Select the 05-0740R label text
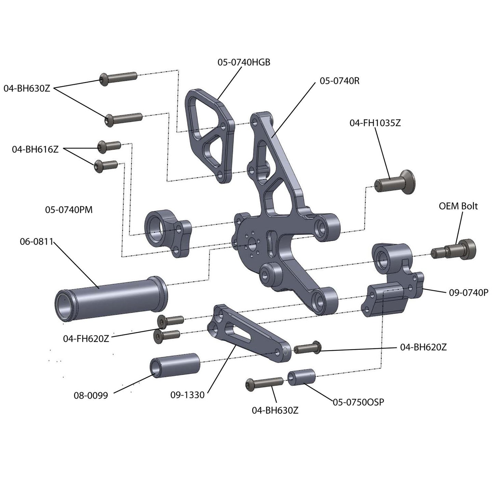(339, 81)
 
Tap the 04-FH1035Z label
(375, 123)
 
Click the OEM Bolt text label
(458, 206)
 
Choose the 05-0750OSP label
(358, 402)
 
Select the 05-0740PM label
(69, 210)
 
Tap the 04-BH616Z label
(35, 149)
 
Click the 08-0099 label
(91, 396)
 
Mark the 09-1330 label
(187, 395)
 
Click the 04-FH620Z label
(86, 339)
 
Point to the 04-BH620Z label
(423, 347)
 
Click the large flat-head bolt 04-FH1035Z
(397, 183)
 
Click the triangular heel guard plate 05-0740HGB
(209, 137)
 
